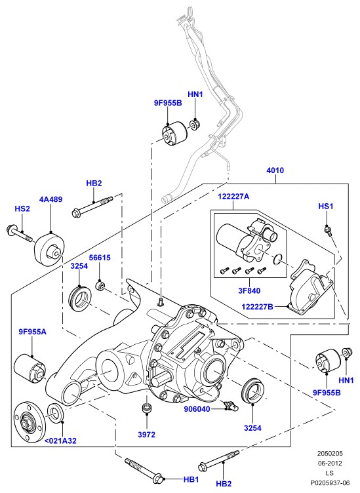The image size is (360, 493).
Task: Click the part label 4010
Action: [275, 170]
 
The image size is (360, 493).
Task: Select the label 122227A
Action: [233, 197]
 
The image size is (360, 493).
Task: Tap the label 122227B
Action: [257, 307]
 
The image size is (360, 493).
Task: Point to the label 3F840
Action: [249, 290]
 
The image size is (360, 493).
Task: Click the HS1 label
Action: [326, 207]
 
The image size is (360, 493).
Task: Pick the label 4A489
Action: [50, 199]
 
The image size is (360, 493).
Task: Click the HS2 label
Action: [22, 208]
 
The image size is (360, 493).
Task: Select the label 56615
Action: [100, 258]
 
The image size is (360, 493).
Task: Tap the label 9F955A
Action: [32, 332]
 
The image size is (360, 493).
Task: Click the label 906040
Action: [197, 409]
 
